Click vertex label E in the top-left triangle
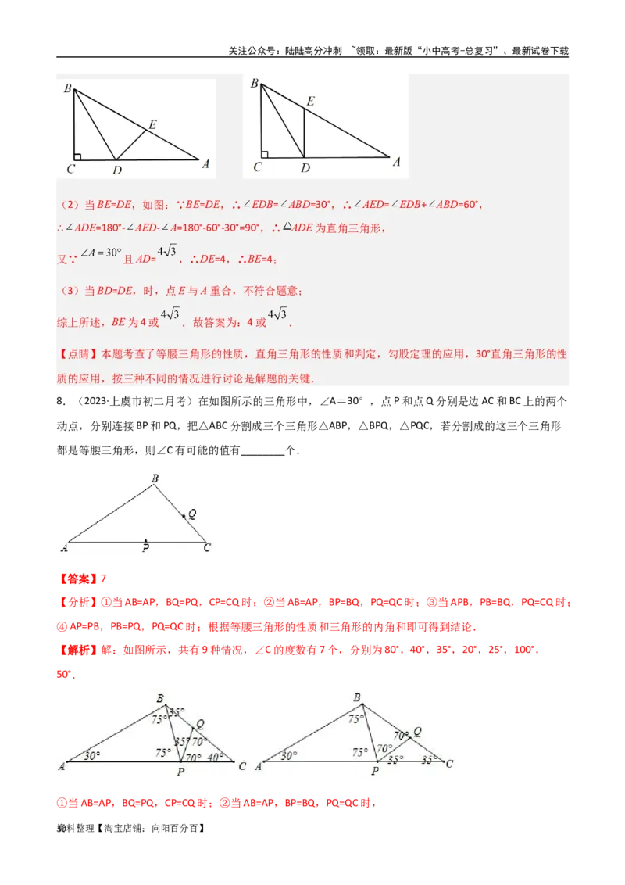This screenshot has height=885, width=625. point(152,124)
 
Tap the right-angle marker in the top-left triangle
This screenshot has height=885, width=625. point(78,155)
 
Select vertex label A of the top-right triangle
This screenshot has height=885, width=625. point(396,162)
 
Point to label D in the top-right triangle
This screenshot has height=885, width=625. point(305,168)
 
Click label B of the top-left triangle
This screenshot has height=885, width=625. point(67,88)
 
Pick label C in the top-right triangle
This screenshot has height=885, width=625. point(258,167)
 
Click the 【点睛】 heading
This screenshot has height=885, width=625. point(80,353)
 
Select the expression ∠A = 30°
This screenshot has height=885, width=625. point(102,253)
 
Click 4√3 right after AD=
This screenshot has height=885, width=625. point(168,251)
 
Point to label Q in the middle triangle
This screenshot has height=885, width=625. point(192,514)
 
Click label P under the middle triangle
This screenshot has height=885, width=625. point(145,549)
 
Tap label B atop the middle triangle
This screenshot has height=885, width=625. point(155,478)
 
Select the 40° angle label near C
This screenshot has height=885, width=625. point(216,756)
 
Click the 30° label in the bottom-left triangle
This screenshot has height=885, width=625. point(92,755)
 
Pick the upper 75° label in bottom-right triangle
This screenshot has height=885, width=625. point(356,719)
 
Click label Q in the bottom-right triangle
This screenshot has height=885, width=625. point(417,732)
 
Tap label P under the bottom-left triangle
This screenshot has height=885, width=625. point(180,772)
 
